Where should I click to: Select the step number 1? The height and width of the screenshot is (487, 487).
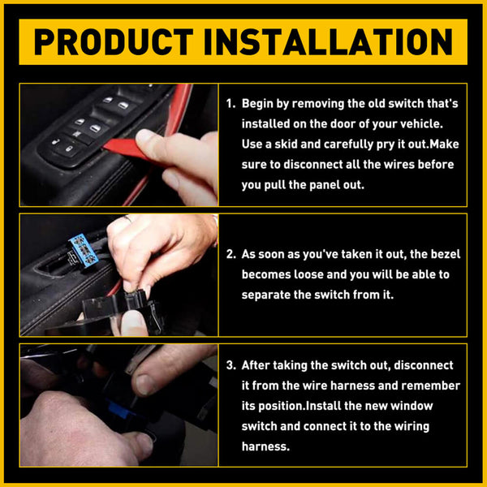(x=230, y=104)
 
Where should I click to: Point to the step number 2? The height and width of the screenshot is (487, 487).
(x=230, y=255)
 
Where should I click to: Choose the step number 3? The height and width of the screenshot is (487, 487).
(x=230, y=366)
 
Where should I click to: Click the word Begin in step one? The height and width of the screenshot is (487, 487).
(x=261, y=104)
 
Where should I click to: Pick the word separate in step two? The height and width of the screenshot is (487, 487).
(x=269, y=295)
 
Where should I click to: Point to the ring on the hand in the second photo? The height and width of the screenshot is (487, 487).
(x=127, y=218)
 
